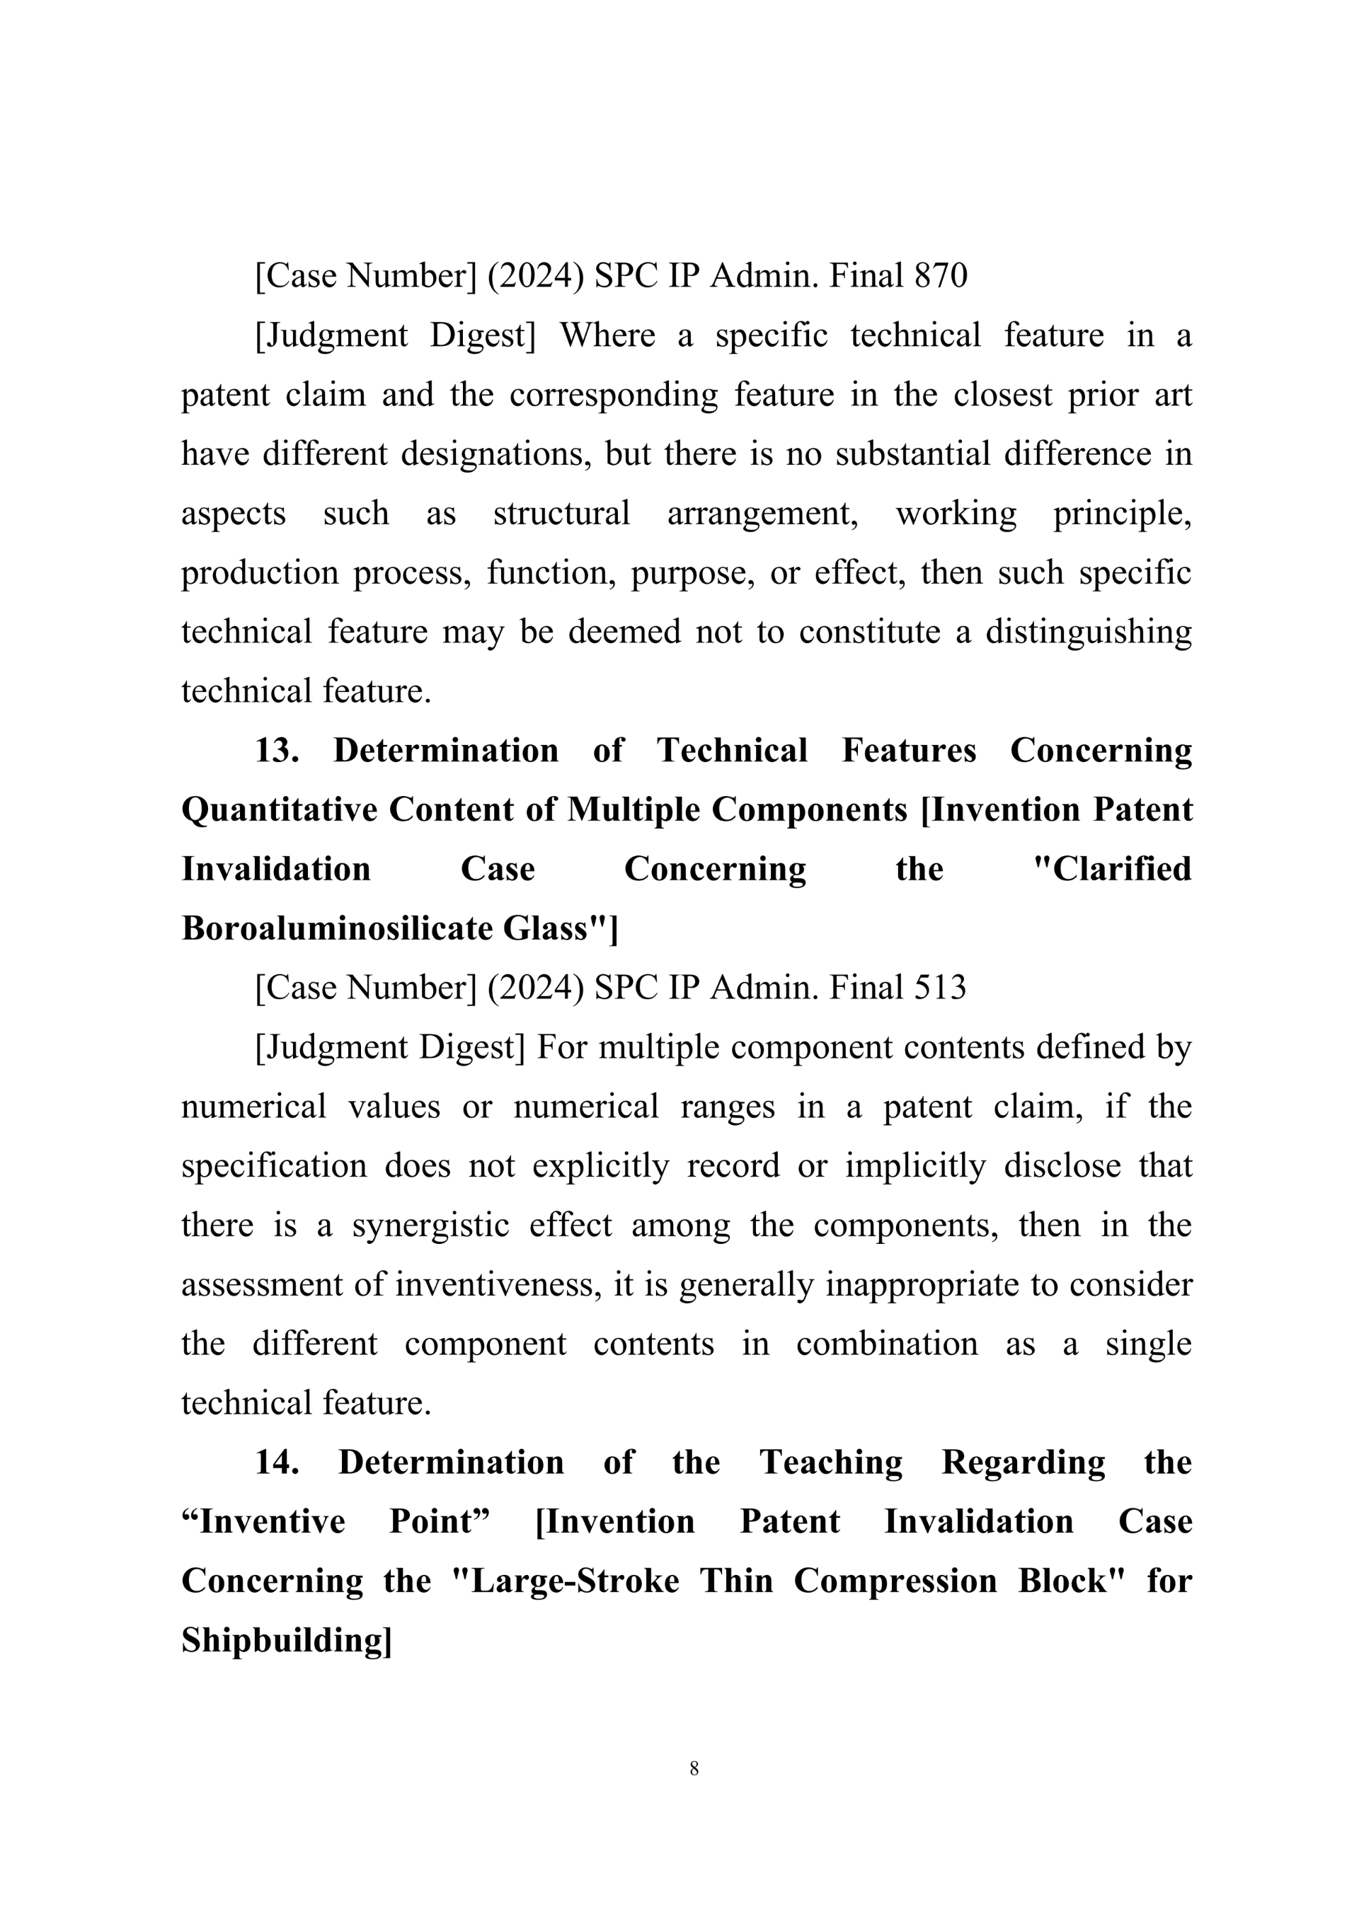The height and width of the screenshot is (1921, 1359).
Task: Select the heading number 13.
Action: point(277,751)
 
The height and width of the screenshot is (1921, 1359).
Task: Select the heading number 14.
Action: point(277,1463)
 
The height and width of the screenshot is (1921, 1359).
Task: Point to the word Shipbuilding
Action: point(285,1641)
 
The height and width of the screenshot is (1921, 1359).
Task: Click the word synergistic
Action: point(430,1225)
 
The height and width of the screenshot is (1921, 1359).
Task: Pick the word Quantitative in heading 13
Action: point(280,810)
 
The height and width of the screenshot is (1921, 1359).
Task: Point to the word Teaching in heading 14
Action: point(831,1463)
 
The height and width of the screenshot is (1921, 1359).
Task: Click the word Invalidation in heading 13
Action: point(276,870)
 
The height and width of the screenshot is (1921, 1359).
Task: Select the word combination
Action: point(886,1344)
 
